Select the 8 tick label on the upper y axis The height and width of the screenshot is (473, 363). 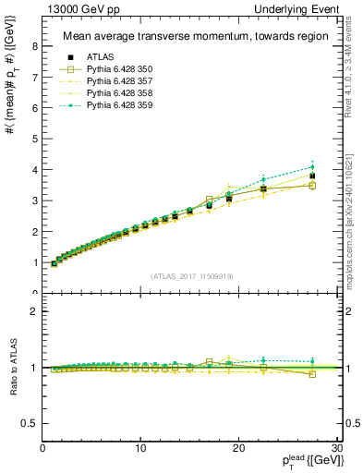(x=36, y=45)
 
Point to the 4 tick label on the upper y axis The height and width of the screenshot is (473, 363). (x=36, y=170)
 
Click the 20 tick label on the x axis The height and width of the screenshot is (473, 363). (x=237, y=448)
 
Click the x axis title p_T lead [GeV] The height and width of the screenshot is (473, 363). (x=307, y=461)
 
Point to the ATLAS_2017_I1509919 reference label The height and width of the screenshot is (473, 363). (x=190, y=274)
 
